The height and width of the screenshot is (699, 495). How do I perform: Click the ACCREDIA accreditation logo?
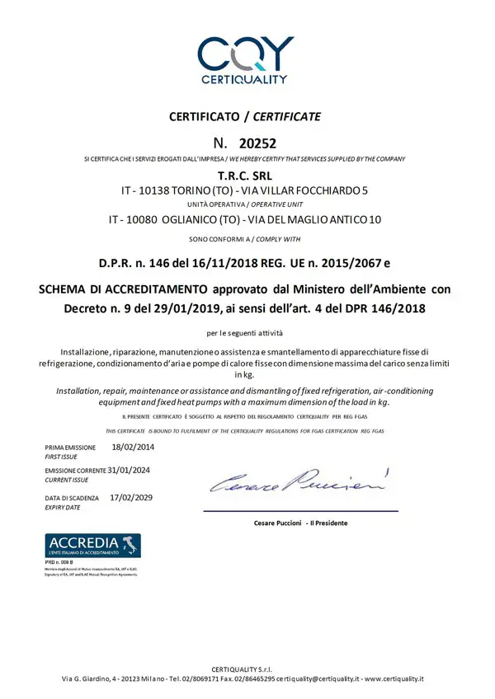pyautogui.click(x=92, y=545)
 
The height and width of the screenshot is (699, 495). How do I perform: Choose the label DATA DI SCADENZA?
pyautogui.click(x=72, y=499)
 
